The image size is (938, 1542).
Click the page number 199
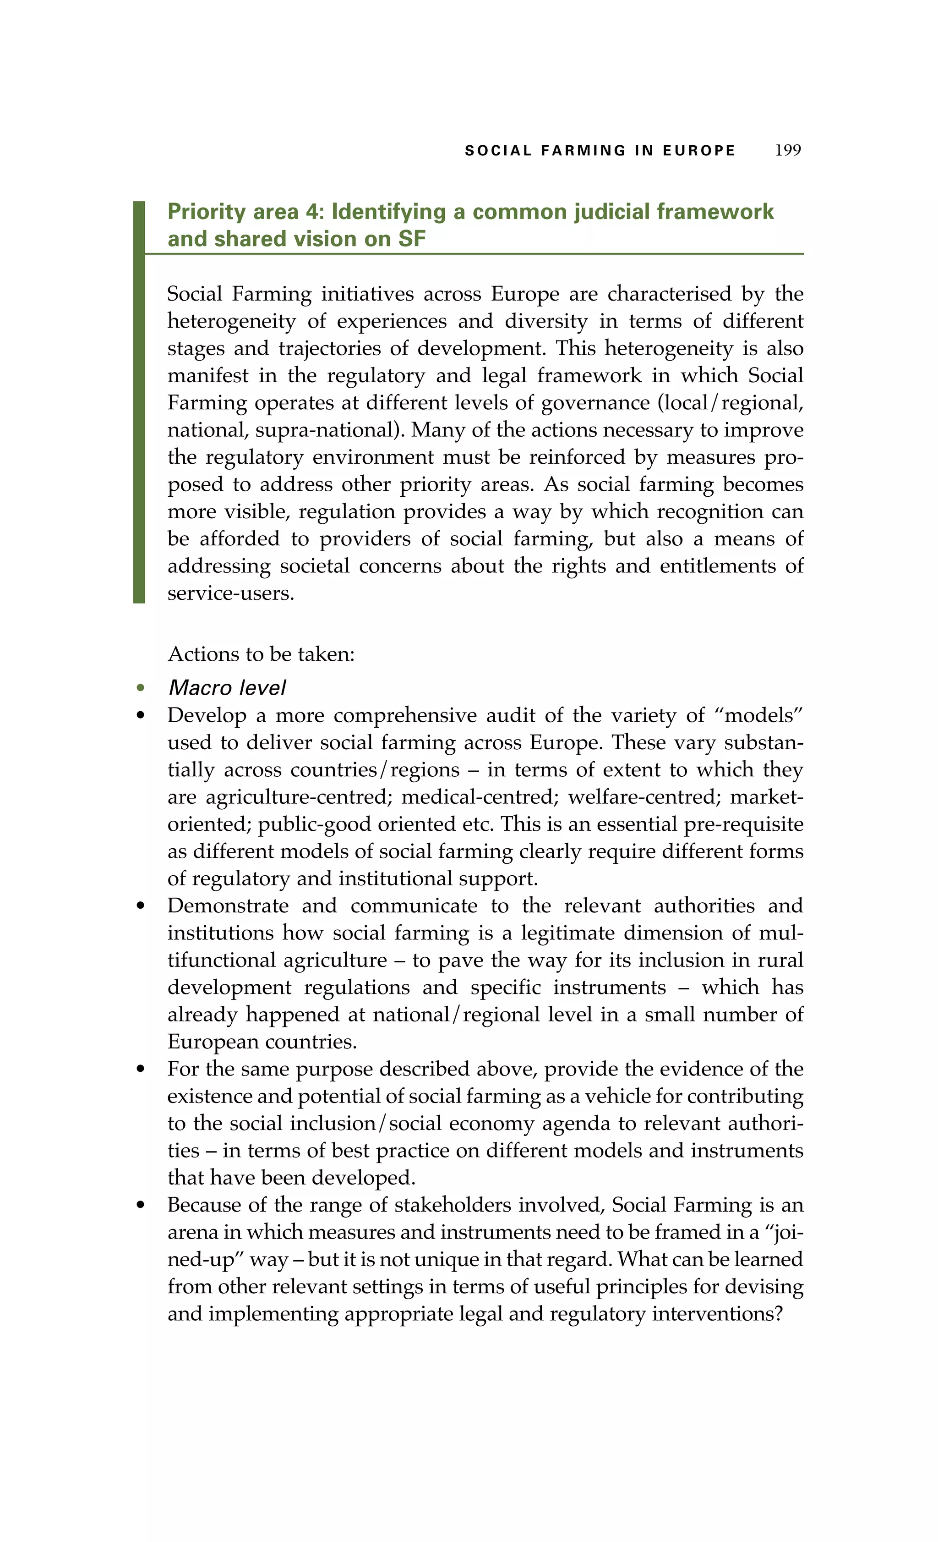[787, 150]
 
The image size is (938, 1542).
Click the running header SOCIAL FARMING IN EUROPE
[600, 151]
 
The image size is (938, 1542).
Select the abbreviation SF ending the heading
[411, 239]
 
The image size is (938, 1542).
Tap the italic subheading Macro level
[227, 688]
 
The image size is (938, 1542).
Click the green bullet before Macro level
[141, 688]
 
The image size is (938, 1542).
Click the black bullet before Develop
[141, 715]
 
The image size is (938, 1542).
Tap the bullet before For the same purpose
[141, 1069]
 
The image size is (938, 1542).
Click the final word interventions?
[717, 1314]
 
